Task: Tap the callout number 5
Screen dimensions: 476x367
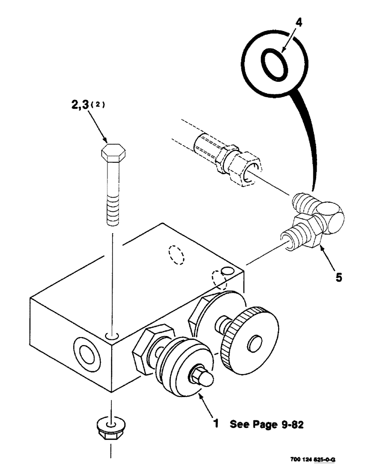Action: [x=338, y=277]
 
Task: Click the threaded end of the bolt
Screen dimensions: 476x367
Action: [x=113, y=210]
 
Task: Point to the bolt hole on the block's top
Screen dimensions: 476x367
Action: [x=113, y=337]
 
